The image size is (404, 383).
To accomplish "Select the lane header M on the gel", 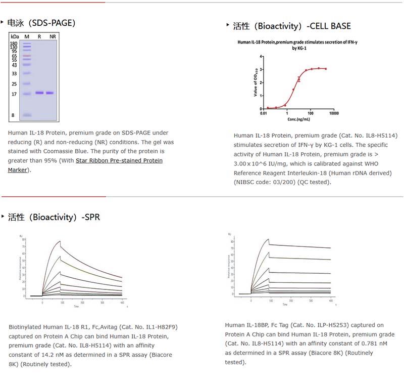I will coord(27,36).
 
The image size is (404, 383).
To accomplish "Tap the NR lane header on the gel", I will coord(53,36).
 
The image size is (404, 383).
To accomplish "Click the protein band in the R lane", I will coord(39,93).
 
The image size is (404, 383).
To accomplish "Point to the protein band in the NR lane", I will coord(50,93).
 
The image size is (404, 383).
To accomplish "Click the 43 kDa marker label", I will coord(14,65).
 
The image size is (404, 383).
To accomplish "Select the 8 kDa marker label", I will coord(13,115).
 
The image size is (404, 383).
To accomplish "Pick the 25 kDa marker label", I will coord(14,84).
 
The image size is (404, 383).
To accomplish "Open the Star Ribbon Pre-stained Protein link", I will coord(119,161).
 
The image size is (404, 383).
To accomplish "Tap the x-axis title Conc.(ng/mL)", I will coord(298,119).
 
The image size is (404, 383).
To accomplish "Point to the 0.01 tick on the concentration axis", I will coord(264,114).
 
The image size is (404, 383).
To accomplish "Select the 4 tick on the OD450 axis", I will coord(261,56).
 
